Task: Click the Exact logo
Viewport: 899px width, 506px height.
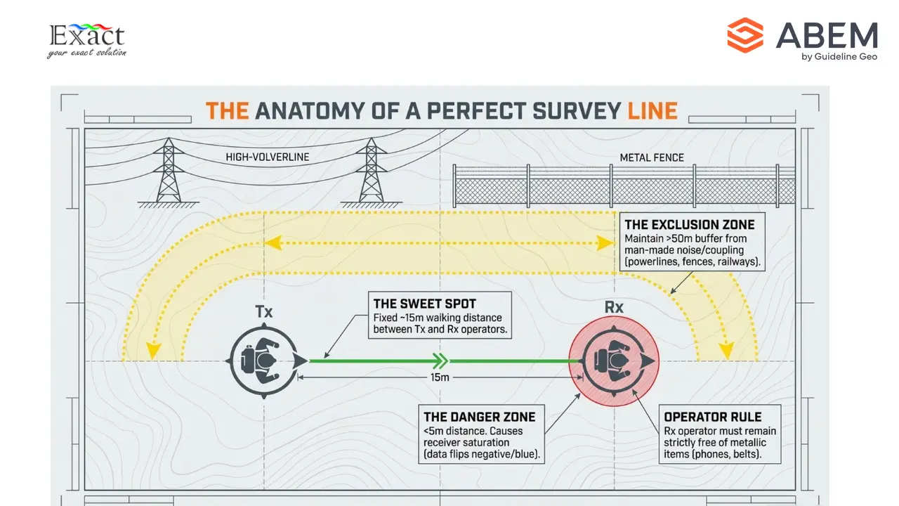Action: [86, 40]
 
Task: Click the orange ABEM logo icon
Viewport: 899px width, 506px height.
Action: [745, 35]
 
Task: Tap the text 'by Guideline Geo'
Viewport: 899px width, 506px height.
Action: [839, 57]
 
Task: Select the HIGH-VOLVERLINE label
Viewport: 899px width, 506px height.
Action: [268, 157]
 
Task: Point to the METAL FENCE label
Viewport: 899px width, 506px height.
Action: [652, 158]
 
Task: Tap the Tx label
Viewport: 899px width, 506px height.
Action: [264, 311]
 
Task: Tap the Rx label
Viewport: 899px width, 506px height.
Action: [614, 308]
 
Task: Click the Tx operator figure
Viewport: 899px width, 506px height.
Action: [265, 361]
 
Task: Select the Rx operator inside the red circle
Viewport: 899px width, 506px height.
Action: [613, 361]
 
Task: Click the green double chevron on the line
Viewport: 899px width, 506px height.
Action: [440, 361]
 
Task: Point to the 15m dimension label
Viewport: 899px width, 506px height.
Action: [439, 377]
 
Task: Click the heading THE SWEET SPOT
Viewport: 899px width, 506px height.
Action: [424, 304]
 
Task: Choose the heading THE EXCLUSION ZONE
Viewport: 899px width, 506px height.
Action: [689, 225]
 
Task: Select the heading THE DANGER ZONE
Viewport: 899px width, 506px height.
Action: [479, 417]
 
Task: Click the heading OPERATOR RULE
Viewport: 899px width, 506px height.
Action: [712, 417]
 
